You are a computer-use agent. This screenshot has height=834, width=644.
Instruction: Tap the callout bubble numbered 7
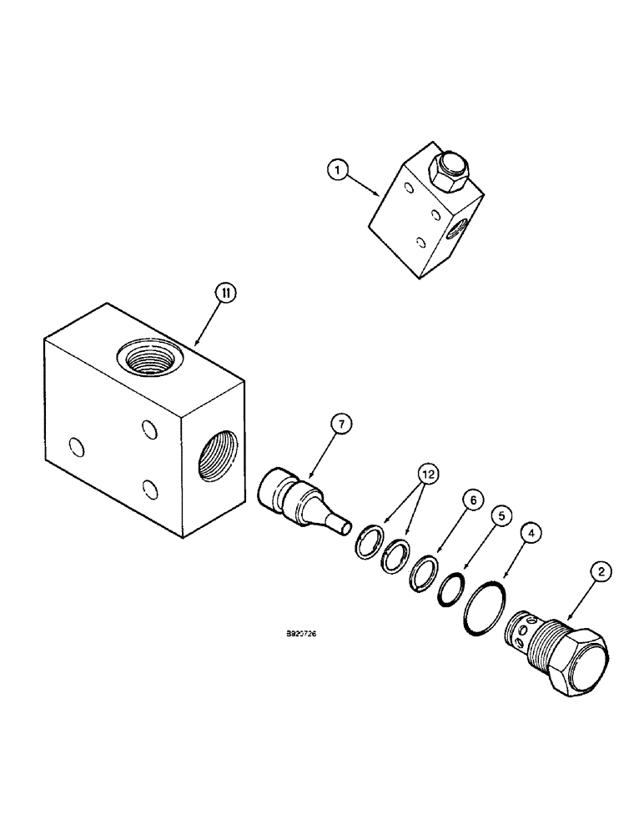pyautogui.click(x=340, y=425)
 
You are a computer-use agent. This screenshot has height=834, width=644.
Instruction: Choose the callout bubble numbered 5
pyautogui.click(x=501, y=515)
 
